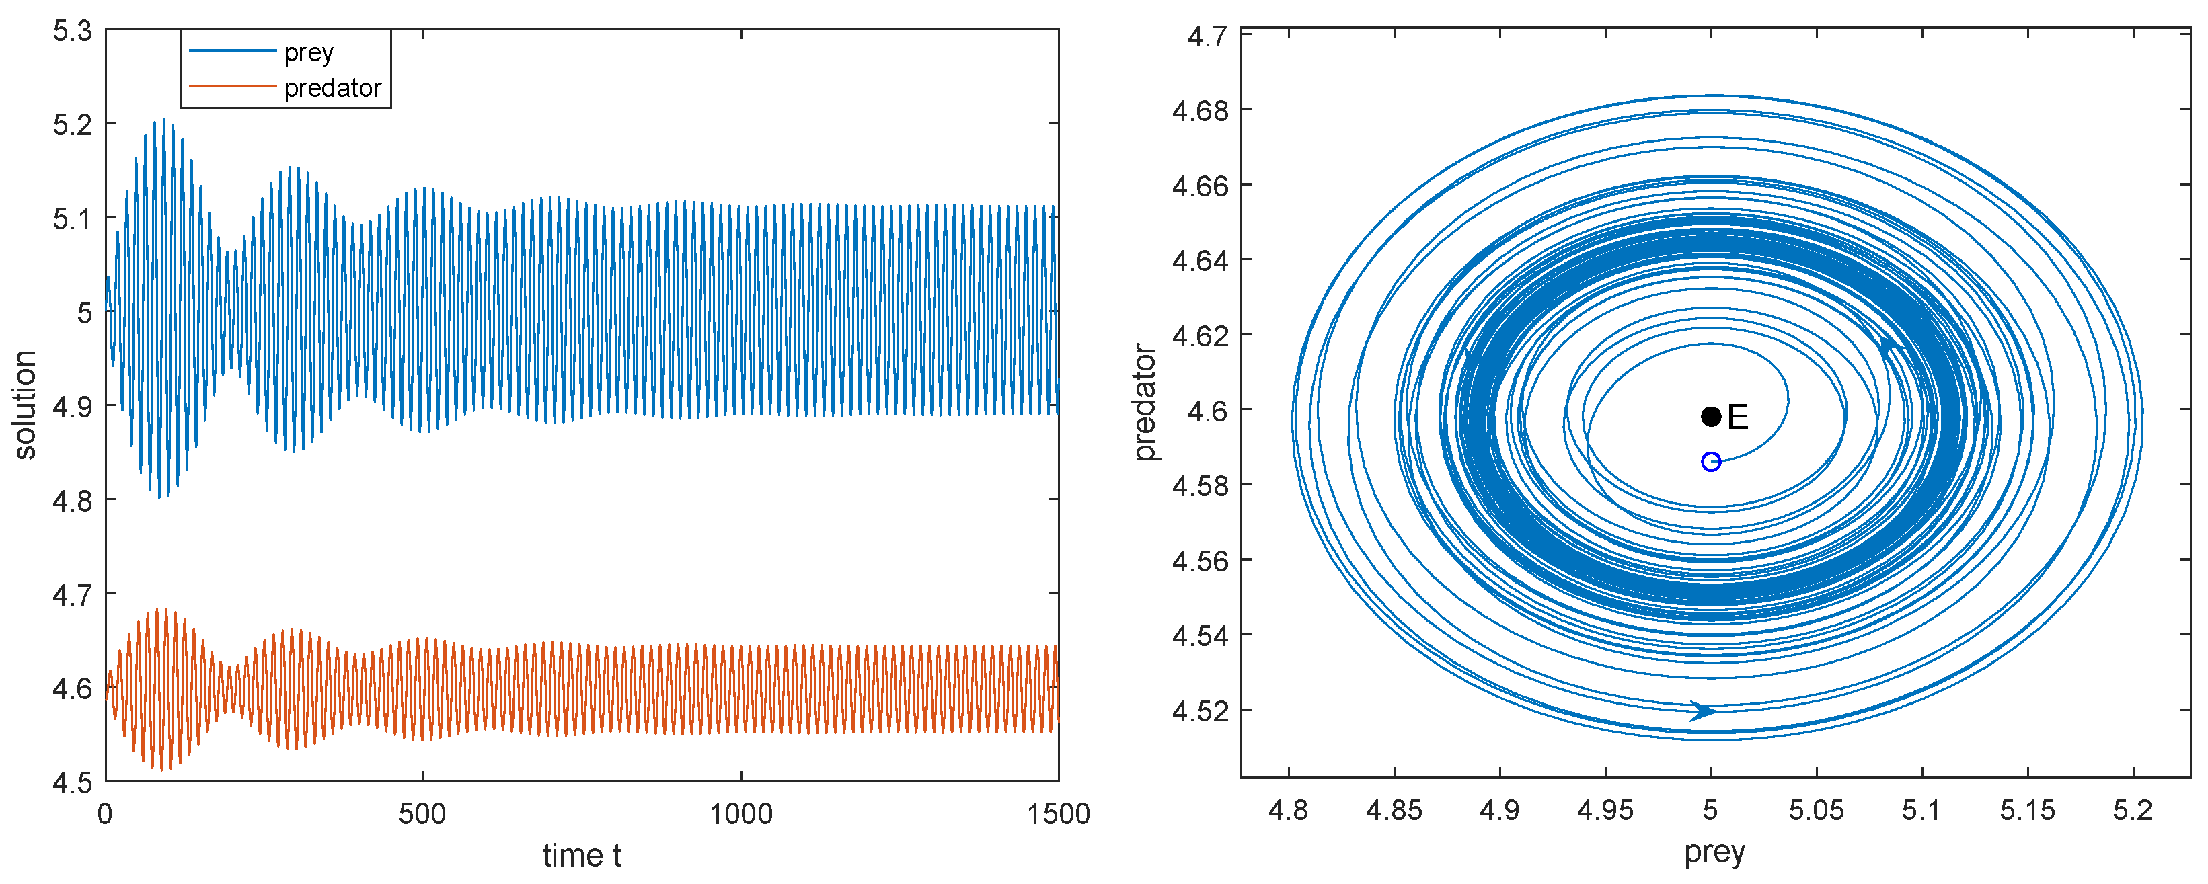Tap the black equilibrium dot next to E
tap(1711, 417)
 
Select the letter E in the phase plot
tap(1737, 418)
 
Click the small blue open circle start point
tap(1711, 463)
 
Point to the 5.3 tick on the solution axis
tap(72, 32)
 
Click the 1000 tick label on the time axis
tap(740, 814)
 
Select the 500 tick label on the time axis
tap(422, 814)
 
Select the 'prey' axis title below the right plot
tap(1714, 852)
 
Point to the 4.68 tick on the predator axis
tap(1200, 110)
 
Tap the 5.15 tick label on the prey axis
tap(2027, 810)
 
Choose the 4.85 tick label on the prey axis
tap(1394, 810)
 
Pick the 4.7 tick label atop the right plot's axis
tap(1207, 36)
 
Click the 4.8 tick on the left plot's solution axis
tap(72, 500)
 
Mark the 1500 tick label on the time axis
tap(1059, 814)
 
